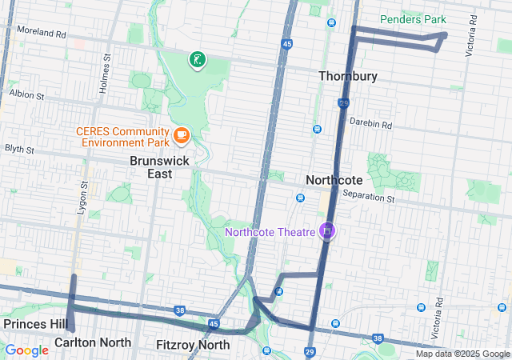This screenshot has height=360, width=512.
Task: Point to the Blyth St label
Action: [x=19, y=149]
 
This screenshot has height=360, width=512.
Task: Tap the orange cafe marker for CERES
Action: [x=181, y=134]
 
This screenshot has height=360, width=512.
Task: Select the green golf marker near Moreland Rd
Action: [x=197, y=59]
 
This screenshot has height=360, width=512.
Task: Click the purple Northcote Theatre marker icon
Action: [x=326, y=231]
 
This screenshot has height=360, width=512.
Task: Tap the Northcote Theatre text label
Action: [x=270, y=233]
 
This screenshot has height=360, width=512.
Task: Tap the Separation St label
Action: [x=369, y=197]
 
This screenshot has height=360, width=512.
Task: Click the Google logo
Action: [x=26, y=350]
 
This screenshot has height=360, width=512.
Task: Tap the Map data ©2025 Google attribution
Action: [x=462, y=354]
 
